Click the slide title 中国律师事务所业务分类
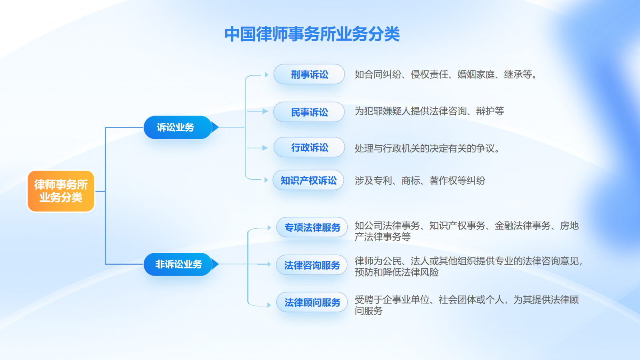312,34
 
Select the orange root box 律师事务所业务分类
61,191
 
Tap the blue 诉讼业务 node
178,128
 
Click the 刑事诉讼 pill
309,74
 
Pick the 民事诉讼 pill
309,112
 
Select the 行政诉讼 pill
309,148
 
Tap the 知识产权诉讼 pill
308,180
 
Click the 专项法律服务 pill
312,228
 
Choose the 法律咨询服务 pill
312,265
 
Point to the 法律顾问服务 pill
312,302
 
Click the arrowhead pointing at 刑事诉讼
266,74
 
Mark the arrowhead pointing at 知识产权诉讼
266,180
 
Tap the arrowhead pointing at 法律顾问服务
269,305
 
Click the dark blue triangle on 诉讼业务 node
215,127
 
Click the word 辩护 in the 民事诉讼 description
485,111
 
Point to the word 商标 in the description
410,180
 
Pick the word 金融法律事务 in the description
522,226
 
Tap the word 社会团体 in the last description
457,300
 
